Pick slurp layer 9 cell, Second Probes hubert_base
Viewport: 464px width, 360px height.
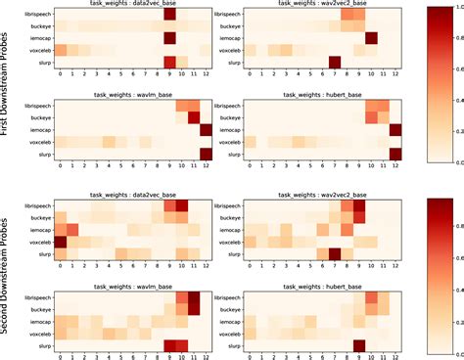pyautogui.click(x=359, y=344)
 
